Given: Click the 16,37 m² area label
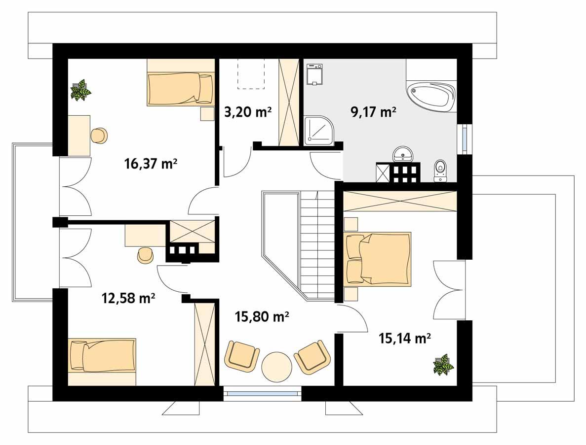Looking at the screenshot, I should (x=151, y=164).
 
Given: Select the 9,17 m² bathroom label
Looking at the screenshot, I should (x=373, y=112).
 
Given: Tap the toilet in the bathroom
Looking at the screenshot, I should (x=440, y=171).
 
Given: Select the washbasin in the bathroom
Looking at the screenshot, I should (x=405, y=154).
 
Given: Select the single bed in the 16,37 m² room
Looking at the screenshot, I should (x=181, y=89).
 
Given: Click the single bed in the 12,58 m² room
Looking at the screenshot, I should (x=102, y=355).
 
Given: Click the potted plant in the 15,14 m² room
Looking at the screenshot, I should (x=443, y=365).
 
